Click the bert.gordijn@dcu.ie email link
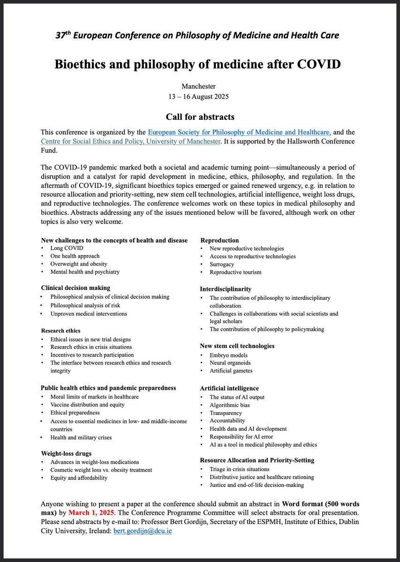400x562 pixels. point(143,532)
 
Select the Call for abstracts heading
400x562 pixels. point(200,116)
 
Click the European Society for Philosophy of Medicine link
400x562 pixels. point(240,132)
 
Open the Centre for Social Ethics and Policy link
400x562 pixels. point(130,141)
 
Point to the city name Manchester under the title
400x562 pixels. point(200,86)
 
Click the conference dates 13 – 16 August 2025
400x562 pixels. point(200,96)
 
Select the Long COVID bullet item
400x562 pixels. point(64,248)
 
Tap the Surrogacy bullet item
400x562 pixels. point(222,264)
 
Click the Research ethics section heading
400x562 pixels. point(60,330)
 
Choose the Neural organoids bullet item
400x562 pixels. point(232,363)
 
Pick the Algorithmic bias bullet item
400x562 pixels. point(230,405)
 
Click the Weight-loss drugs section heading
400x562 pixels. point(66,453)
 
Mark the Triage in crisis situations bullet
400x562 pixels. point(239,469)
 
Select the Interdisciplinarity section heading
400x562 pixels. point(226,289)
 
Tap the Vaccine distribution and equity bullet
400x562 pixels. point(87,405)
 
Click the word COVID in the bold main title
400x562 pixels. point(318,63)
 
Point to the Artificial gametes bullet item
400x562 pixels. point(231,371)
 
